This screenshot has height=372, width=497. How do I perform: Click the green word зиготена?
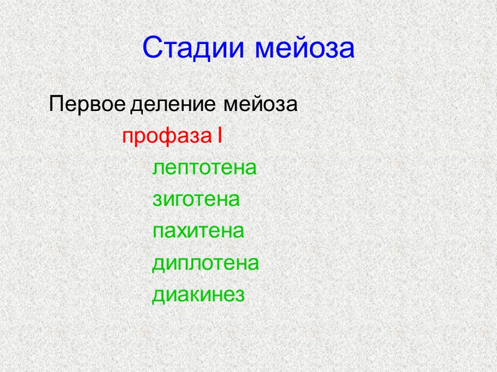point(196,201)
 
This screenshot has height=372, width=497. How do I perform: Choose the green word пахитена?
point(198,232)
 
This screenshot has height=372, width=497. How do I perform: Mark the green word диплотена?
point(206,264)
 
